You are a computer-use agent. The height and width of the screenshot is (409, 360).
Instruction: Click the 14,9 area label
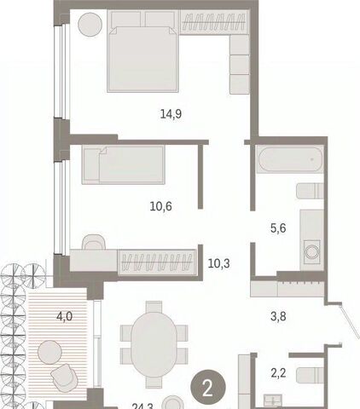[171, 114]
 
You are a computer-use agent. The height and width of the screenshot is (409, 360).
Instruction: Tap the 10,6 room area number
[160, 206]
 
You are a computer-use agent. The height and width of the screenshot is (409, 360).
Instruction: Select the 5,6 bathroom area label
[278, 228]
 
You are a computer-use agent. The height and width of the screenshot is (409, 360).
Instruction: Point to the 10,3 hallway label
[219, 264]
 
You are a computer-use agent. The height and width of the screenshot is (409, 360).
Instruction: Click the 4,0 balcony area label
[65, 316]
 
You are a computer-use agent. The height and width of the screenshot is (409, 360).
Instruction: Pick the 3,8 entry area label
[278, 316]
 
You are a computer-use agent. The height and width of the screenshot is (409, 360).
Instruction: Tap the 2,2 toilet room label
[278, 373]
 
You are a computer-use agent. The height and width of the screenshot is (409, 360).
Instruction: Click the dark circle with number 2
[208, 388]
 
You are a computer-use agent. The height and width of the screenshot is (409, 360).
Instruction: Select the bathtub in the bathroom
[290, 159]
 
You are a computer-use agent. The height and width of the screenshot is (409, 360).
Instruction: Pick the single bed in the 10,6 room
[124, 164]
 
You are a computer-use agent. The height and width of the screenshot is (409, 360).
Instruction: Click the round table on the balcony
[49, 352]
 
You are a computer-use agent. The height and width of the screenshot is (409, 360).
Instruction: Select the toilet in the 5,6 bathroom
[310, 191]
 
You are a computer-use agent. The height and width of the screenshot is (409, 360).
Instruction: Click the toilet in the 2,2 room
[310, 375]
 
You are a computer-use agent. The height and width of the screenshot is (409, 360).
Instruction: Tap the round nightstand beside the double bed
[90, 24]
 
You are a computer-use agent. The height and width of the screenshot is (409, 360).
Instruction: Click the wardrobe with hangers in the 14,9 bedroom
[213, 23]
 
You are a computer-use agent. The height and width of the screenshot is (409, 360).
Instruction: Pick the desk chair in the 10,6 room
[94, 242]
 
